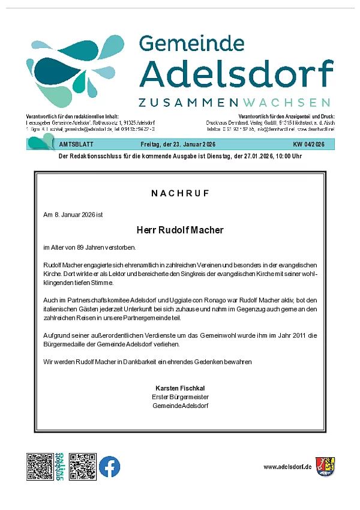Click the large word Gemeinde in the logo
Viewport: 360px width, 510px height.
point(191,44)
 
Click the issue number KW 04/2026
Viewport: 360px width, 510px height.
point(308,145)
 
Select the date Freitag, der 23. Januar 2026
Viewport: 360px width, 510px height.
point(178,145)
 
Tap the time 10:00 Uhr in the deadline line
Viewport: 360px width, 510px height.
point(286,156)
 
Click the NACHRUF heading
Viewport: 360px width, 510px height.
point(180,193)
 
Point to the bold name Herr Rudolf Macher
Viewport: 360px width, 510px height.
point(180,230)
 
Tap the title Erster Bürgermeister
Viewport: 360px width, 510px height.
point(180,397)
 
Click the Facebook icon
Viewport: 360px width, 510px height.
point(110,466)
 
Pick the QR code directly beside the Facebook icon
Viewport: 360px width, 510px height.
point(82,466)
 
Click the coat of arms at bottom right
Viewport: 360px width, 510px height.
point(325,466)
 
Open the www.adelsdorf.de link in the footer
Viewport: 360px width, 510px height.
point(287,466)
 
